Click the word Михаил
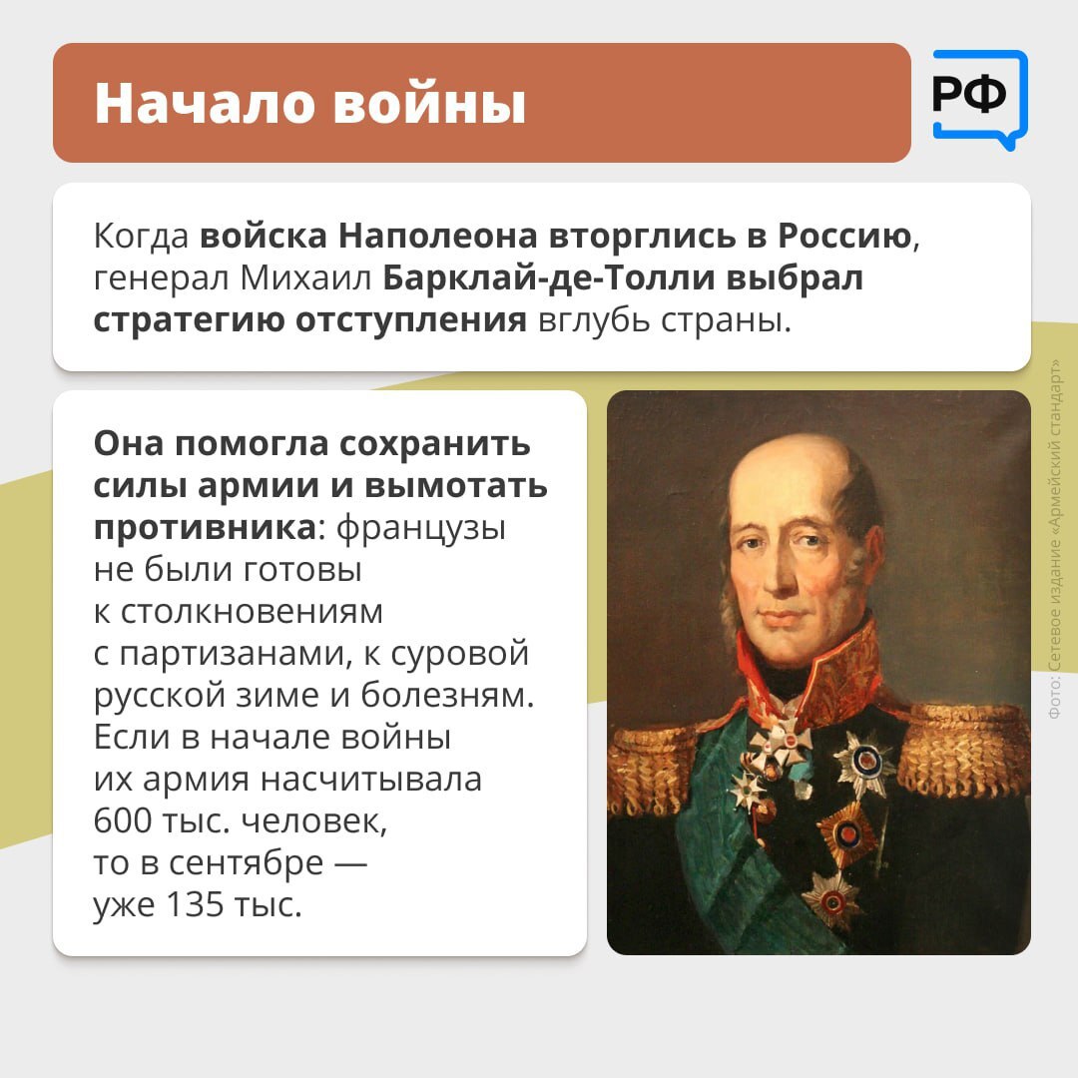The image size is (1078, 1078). coord(305,278)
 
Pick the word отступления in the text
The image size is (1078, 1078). coord(411,321)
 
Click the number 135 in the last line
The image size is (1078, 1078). coord(195,904)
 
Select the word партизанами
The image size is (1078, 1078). coord(231,654)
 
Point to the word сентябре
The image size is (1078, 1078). coord(246,862)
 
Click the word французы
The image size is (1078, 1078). coord(421,529)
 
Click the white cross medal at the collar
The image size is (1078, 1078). coord(782,744)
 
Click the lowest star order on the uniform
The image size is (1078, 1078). coord(832,899)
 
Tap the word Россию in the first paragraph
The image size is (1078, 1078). coord(845,236)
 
